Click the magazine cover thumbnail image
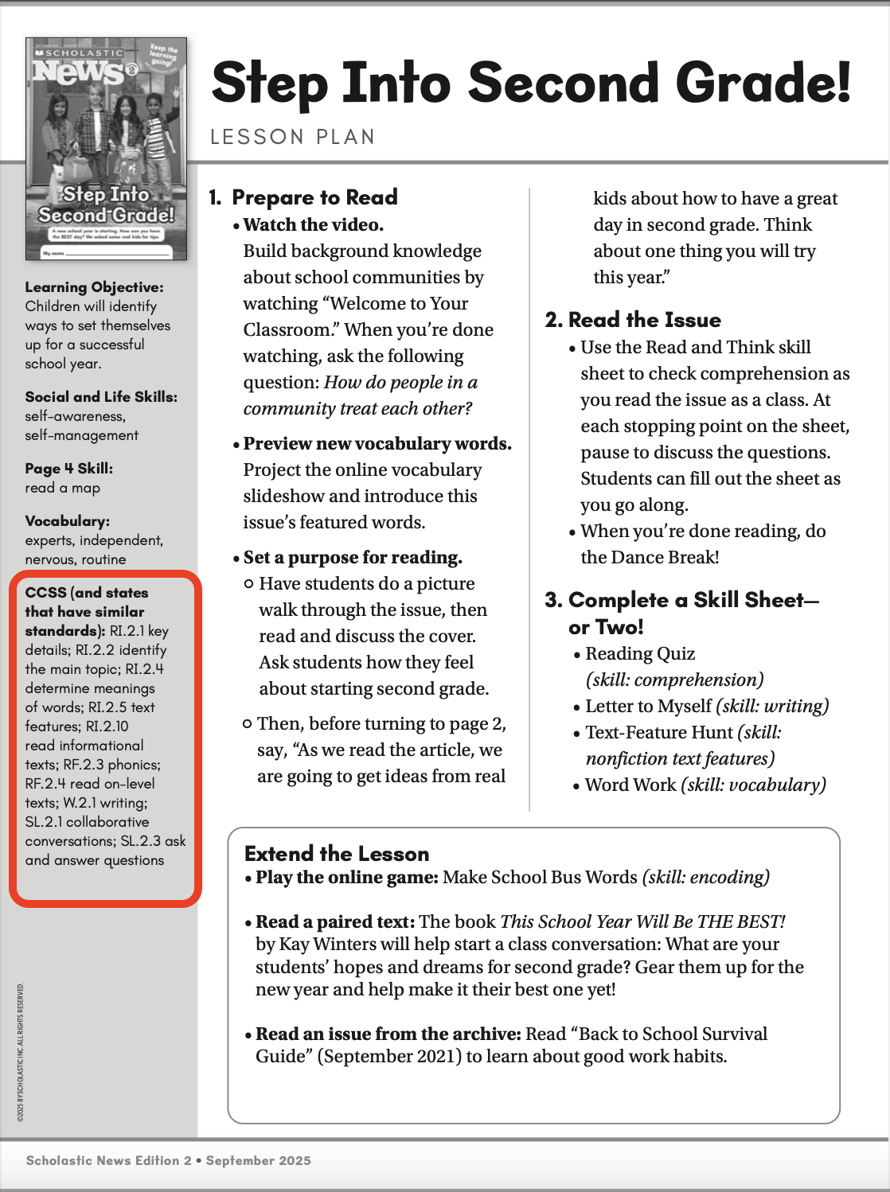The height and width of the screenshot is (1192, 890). [107, 149]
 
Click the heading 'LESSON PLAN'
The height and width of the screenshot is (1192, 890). [292, 137]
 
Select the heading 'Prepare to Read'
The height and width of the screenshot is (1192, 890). [314, 197]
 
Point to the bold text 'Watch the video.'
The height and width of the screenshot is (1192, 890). [314, 225]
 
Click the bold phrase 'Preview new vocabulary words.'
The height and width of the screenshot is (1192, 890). [377, 444]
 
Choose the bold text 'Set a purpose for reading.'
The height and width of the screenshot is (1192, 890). [353, 558]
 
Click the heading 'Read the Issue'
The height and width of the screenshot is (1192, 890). [644, 320]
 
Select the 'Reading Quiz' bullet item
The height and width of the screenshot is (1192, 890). [640, 654]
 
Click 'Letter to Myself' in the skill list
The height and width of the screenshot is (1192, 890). [648, 707]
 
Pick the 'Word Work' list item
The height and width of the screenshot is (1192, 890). [630, 785]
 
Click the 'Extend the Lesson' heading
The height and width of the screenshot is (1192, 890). [337, 854]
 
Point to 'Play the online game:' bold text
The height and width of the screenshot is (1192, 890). [347, 878]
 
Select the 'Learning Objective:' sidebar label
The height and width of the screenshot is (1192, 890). [94, 287]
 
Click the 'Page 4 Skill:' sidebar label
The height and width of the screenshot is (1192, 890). [68, 469]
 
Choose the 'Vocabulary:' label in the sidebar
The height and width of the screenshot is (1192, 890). [68, 521]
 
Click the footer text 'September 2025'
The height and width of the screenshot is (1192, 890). [258, 1161]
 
